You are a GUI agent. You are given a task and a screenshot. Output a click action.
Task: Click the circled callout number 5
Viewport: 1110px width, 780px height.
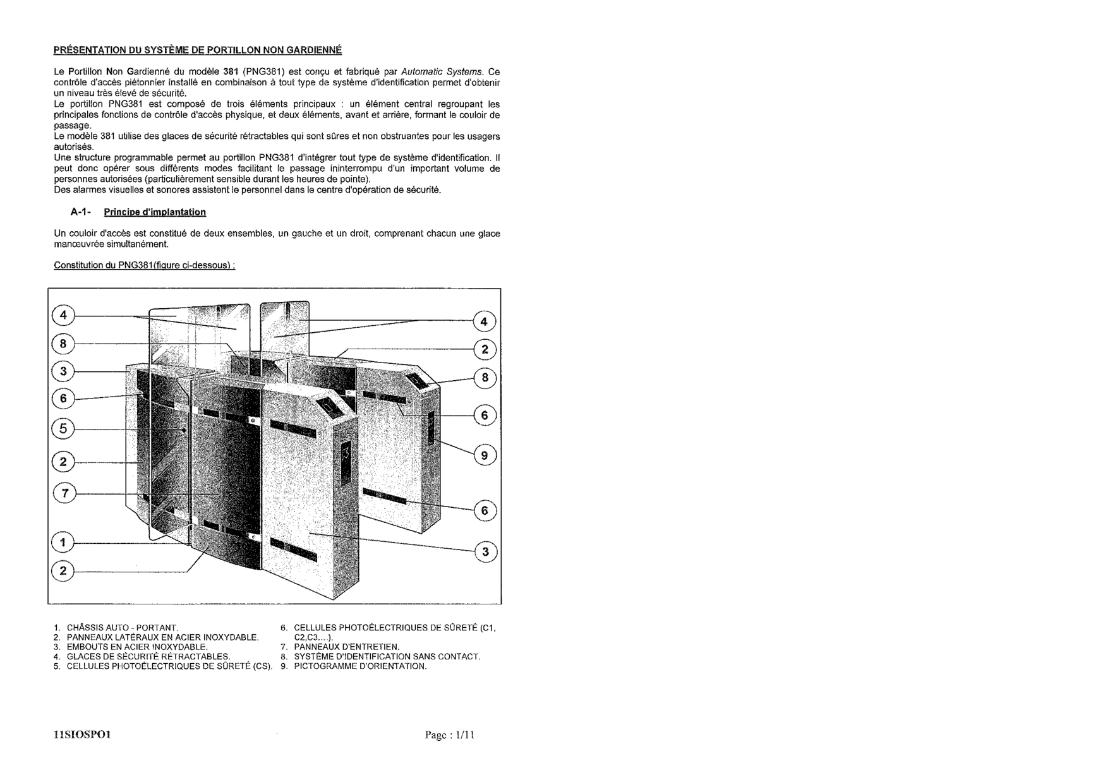tap(63, 429)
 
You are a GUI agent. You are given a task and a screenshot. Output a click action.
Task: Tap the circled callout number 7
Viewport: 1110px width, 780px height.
tap(64, 493)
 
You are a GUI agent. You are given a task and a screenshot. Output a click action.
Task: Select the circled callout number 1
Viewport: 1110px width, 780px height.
tap(63, 542)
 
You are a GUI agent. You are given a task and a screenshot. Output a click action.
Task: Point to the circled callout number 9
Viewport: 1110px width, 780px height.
tap(485, 455)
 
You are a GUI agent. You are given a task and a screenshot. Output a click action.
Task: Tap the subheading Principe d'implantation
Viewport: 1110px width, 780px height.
tap(155, 212)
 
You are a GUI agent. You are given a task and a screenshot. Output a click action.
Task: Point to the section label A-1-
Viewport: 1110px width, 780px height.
tap(81, 212)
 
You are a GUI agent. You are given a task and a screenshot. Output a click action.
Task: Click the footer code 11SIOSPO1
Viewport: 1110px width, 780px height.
tap(83, 735)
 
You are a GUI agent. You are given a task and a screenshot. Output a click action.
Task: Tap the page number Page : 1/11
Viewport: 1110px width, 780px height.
tap(449, 735)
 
